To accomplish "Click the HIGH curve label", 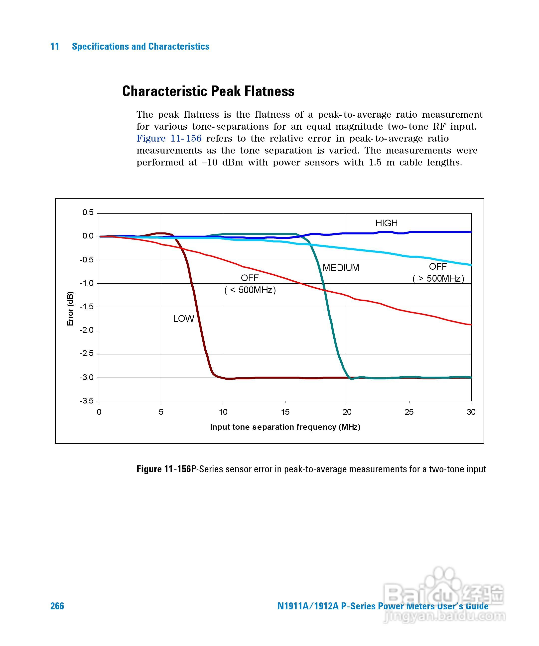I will tap(386, 223).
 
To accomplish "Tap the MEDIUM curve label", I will tap(341, 268).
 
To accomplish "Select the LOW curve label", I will tap(184, 318).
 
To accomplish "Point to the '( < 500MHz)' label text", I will tap(250, 290).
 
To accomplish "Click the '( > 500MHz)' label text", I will tap(438, 278).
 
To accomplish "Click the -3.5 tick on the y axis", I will tap(87, 401).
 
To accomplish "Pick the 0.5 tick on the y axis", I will tap(88, 213).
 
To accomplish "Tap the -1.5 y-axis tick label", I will tap(87, 307).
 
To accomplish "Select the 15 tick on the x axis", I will tap(285, 412).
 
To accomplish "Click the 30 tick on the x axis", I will tap(471, 412).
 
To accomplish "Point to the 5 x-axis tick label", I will tap(161, 412).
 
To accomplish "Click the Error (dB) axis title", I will tap(70, 309).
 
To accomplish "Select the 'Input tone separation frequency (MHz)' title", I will tap(285, 427).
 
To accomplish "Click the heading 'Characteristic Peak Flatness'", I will tap(208, 91).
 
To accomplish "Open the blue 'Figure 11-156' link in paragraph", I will tap(169, 138).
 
